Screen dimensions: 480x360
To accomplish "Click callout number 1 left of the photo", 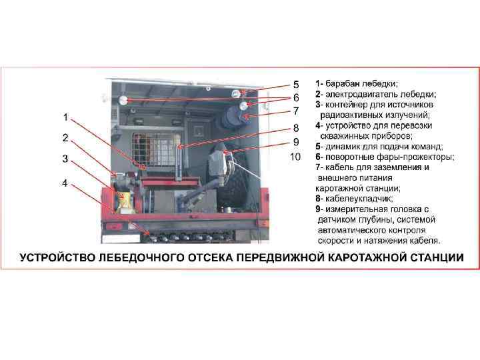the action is coord(65,117).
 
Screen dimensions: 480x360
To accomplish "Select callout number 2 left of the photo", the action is coord(65,138).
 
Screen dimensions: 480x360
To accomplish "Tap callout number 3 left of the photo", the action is coord(65,159).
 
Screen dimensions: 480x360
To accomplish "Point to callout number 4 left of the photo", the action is coord(65,183).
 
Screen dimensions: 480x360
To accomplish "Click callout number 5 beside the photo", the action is coord(296,85).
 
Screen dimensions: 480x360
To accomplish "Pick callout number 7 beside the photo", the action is coord(296,111).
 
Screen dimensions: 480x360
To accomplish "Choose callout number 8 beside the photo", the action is coord(296,127).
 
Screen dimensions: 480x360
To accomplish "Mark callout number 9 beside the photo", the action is coord(296,142).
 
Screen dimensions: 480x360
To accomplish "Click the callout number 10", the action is coord(295,157).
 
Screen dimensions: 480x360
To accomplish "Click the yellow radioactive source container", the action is coord(125,201).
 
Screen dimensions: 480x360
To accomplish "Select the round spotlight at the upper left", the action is coord(123,100).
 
